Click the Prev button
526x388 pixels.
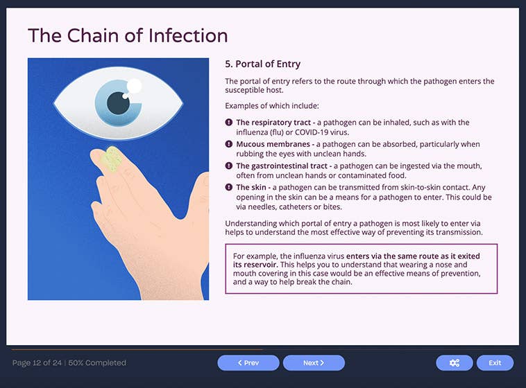[x=248, y=362]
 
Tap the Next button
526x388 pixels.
[x=314, y=362]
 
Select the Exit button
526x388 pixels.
[x=495, y=362]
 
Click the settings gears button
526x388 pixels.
[x=455, y=362]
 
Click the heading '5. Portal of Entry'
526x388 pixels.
[x=262, y=64]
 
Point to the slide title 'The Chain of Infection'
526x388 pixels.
[x=128, y=35]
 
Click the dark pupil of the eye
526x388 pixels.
[x=119, y=104]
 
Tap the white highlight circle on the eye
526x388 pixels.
[x=135, y=87]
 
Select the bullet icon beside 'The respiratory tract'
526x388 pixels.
[x=229, y=123]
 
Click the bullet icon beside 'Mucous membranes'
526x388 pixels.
[x=229, y=144]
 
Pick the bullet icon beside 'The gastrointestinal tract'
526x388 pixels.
[x=229, y=166]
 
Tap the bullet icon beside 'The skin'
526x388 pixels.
[x=229, y=187]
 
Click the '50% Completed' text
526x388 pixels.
[x=97, y=362]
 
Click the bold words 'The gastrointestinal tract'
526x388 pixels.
[x=282, y=166]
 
